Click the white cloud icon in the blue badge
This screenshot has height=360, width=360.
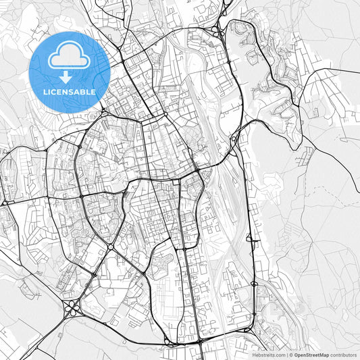tap(70, 57)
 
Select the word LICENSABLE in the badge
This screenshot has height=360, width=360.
tap(70, 91)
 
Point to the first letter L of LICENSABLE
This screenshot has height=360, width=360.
tap(45, 91)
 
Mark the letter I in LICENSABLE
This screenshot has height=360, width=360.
tap(49, 91)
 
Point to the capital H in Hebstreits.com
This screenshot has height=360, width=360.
tap(254, 355)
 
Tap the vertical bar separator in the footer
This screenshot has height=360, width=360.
tap(286, 355)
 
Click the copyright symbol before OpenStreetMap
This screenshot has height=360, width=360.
tap(291, 355)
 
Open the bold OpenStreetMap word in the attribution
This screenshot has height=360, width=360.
tap(311, 355)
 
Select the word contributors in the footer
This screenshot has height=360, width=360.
tap(343, 355)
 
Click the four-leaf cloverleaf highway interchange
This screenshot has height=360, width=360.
tap(72, 309)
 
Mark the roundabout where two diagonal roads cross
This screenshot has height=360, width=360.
tap(110, 247)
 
